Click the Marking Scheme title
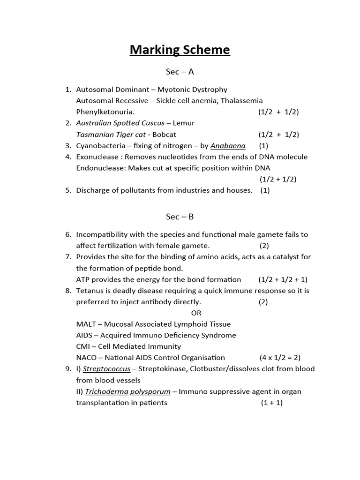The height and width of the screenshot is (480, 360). (180, 50)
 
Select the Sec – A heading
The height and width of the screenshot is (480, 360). (180, 72)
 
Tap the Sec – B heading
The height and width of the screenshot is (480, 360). (180, 217)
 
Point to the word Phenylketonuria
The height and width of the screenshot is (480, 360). (105, 112)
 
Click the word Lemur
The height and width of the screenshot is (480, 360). (183, 123)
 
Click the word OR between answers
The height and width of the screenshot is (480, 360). (196, 313)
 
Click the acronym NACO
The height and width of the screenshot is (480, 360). (87, 358)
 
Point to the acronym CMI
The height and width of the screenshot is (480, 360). (83, 346)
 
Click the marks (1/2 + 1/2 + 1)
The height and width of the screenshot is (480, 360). (283, 279)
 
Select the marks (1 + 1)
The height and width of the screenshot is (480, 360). (272, 403)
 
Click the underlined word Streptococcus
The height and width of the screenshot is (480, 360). (107, 369)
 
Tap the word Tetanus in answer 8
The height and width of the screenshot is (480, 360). (90, 291)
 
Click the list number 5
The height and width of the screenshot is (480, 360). (68, 190)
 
